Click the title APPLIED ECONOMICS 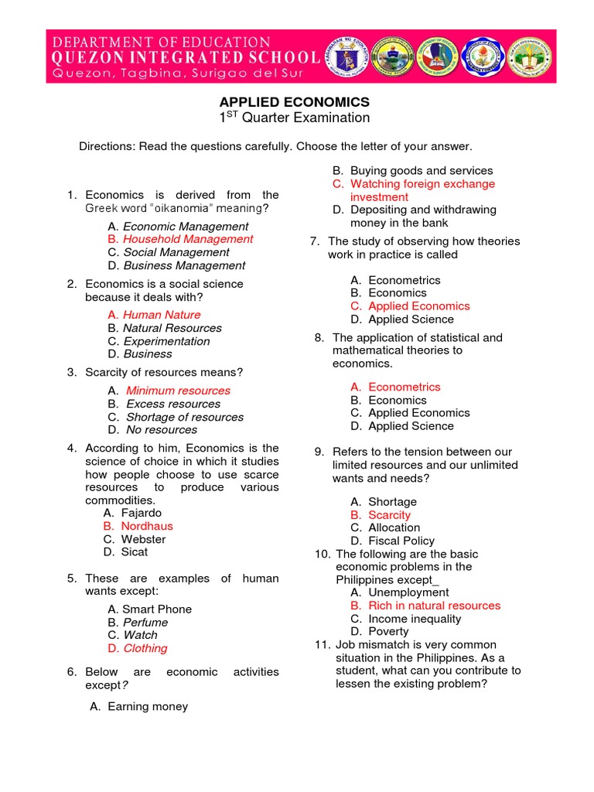point(295,102)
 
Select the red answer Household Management point(188,239)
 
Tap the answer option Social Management point(176,252)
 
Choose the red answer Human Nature point(162,315)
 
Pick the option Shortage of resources point(184,417)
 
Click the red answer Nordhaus point(147,526)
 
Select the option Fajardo point(142,513)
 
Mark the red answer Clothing point(145,648)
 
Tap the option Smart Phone point(157,609)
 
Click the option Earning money point(148,706)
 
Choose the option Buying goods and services point(421,171)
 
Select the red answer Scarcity point(389,515)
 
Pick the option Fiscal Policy point(401,541)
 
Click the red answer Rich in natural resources point(434,606)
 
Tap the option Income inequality point(415,619)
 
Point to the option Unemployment point(408,592)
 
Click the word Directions point(107,146)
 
